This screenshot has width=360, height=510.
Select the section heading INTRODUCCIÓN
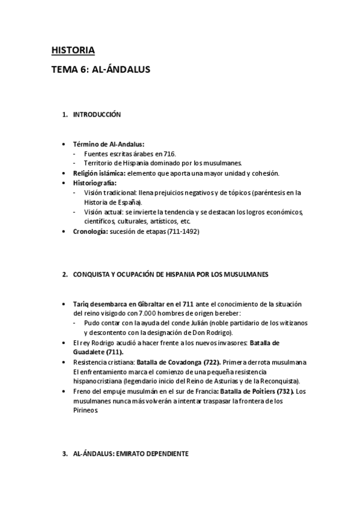pyautogui.click(x=97, y=114)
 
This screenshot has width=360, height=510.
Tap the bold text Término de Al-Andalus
pyautogui.click(x=104, y=144)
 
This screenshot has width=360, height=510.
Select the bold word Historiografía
pyautogui.click(x=94, y=182)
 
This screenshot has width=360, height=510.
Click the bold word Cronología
pyautogui.click(x=91, y=231)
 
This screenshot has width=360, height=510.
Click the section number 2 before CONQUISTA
pyautogui.click(x=65, y=275)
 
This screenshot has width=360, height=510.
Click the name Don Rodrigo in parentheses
pyautogui.click(x=215, y=333)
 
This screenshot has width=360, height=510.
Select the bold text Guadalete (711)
pyautogui.click(x=98, y=352)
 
